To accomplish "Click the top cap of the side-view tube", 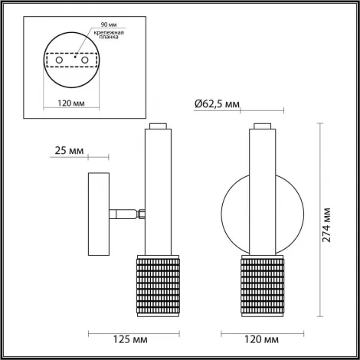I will (159, 126).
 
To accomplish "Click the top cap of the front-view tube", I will (260, 126).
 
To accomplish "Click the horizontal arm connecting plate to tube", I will (123, 214).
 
